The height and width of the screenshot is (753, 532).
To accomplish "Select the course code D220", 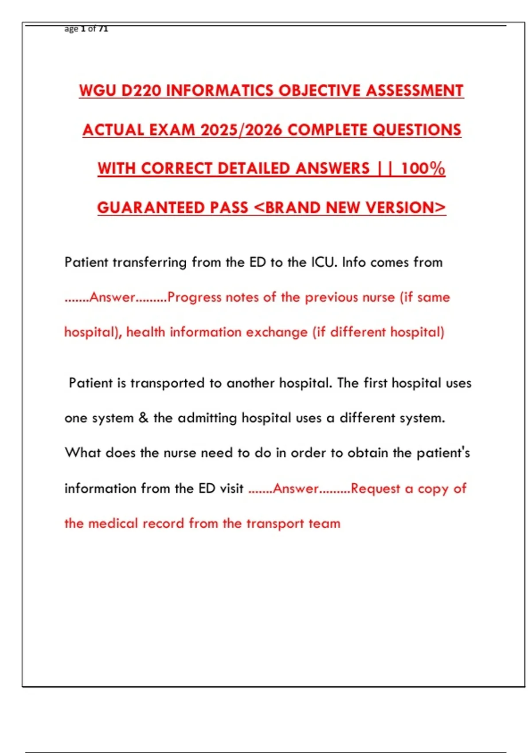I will click(x=141, y=91).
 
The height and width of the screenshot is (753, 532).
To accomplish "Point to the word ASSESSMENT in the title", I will click(x=415, y=91).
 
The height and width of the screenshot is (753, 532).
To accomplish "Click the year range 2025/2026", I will click(x=241, y=130).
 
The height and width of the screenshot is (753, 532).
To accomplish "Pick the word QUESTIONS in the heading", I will click(x=417, y=130).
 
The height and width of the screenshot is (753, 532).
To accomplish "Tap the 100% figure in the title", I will click(x=423, y=169).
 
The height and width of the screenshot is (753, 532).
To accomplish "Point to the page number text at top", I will click(x=86, y=29).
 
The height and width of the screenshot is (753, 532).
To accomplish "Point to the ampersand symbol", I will click(x=143, y=418).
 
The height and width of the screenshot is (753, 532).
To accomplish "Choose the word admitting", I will click(x=207, y=418).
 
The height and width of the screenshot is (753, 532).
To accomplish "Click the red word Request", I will click(x=375, y=489).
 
